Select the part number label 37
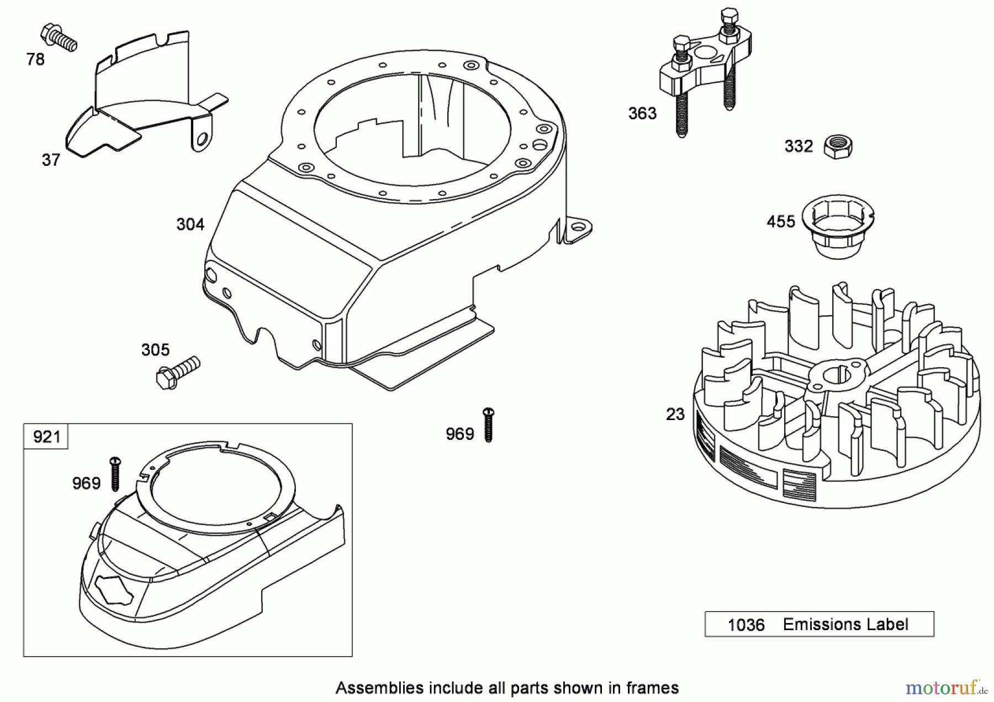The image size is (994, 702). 51,160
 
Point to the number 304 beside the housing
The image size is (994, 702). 190,224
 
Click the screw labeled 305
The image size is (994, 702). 177,373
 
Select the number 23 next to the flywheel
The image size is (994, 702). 675,414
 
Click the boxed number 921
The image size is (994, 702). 46,437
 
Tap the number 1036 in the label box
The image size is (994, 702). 745,625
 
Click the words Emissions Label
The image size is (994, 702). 845,625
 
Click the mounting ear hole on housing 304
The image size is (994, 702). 579,227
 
